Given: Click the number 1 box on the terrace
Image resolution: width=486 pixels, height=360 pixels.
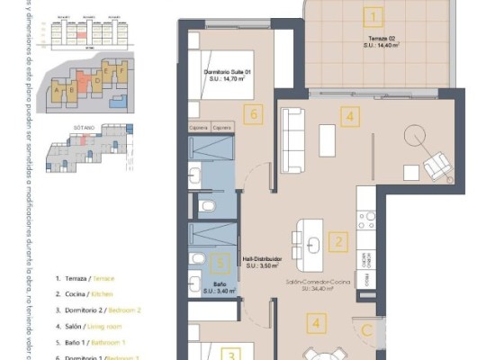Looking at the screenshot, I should pyautogui.click(x=374, y=16).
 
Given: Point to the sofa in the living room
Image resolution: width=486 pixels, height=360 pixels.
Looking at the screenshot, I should pyautogui.click(x=292, y=139).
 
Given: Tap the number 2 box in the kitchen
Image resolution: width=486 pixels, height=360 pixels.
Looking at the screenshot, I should pyautogui.click(x=337, y=241).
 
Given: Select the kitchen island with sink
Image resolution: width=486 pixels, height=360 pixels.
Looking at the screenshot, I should pyautogui.click(x=309, y=245).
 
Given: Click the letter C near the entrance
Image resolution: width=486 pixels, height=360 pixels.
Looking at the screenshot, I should pyautogui.click(x=367, y=329).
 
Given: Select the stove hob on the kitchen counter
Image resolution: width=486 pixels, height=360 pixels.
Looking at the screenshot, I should pyautogui.click(x=366, y=218).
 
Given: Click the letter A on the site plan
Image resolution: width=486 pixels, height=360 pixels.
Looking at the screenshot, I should pyautogui.click(x=58, y=90).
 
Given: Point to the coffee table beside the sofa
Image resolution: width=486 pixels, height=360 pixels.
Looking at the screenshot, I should pyautogui.click(x=327, y=140).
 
